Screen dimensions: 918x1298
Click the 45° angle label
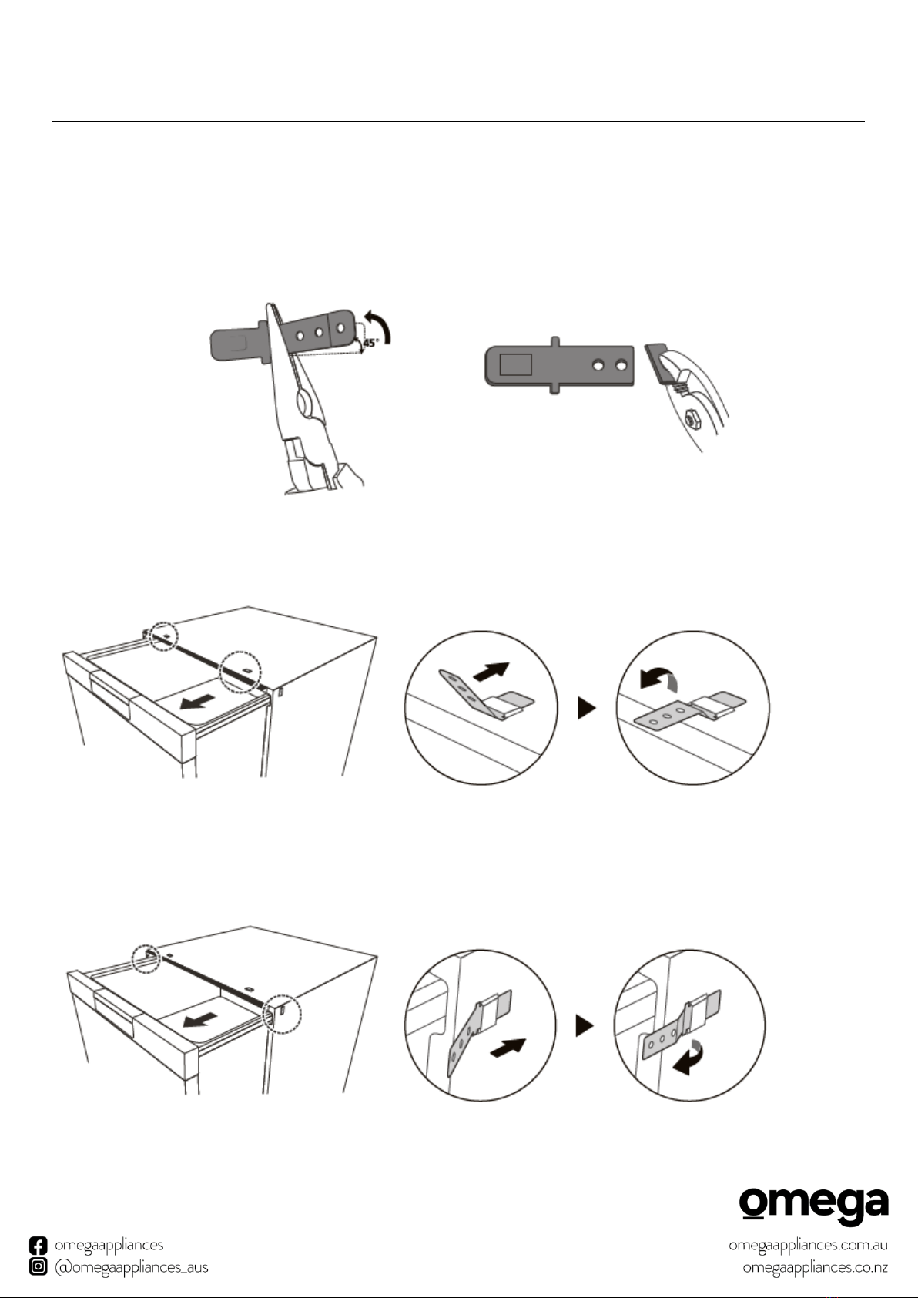[x=370, y=343]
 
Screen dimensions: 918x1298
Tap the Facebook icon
[x=39, y=1246]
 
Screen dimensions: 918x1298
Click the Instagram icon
[x=39, y=1266]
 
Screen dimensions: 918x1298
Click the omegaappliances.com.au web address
[x=808, y=1246]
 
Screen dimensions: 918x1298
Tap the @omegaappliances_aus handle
[x=132, y=1267]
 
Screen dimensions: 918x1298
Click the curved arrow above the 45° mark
[x=380, y=325]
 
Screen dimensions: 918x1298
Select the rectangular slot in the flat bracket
[x=515, y=364]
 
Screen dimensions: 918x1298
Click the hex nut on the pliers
[x=690, y=418]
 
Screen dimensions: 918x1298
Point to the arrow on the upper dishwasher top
[x=198, y=702]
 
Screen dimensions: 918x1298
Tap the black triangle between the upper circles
[x=587, y=707]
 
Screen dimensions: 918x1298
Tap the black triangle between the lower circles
[x=585, y=1025]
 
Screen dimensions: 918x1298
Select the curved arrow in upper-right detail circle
[x=658, y=679]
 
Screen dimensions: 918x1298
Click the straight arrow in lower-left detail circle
[x=508, y=1048]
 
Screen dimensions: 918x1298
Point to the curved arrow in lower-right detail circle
[x=688, y=1058]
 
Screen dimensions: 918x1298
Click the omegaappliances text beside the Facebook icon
[x=109, y=1246]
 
